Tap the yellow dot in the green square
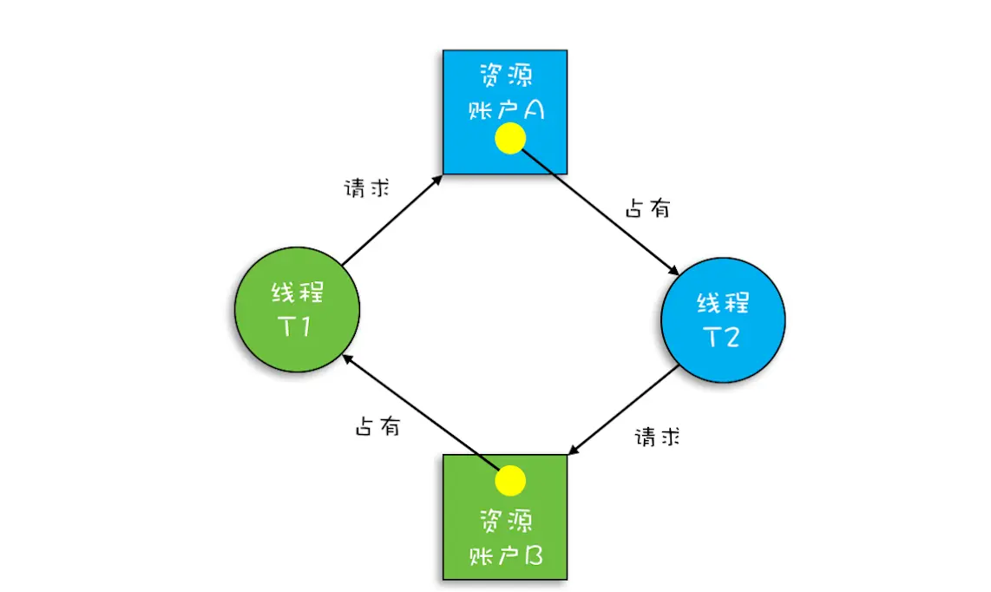coord(510,480)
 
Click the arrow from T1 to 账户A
coord(392,220)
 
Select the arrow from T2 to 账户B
coord(623,411)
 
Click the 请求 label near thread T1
coord(366,188)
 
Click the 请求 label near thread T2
coord(657,437)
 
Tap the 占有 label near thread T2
coord(647,208)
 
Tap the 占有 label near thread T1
coord(377,426)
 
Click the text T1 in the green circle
coord(298,326)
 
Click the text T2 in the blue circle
coord(722,336)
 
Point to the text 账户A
coord(505,109)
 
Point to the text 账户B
coord(505,555)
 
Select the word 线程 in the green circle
coord(298,293)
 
